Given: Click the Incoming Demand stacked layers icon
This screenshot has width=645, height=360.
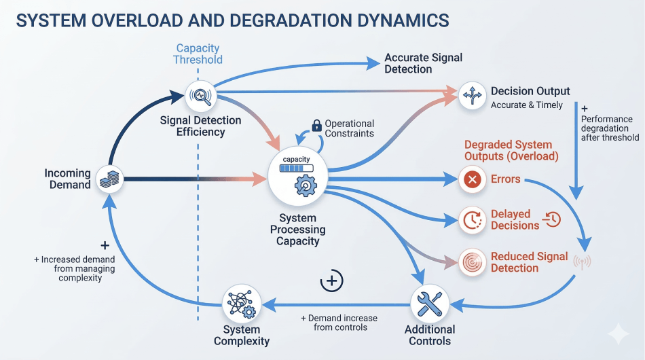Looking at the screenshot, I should click(x=109, y=180).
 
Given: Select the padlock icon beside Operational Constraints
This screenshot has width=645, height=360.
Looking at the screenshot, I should click(x=316, y=126).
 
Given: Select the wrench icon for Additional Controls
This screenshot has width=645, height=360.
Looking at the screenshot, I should click(x=429, y=303).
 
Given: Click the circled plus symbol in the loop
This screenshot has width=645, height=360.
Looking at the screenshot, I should click(x=331, y=281).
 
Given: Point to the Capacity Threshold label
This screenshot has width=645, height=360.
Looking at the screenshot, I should click(x=198, y=54).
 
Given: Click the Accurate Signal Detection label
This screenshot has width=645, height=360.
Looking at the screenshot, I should click(x=423, y=63).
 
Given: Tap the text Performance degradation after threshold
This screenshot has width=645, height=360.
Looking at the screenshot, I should click(x=610, y=128).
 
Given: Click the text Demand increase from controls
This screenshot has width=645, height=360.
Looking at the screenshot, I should click(x=339, y=323).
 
